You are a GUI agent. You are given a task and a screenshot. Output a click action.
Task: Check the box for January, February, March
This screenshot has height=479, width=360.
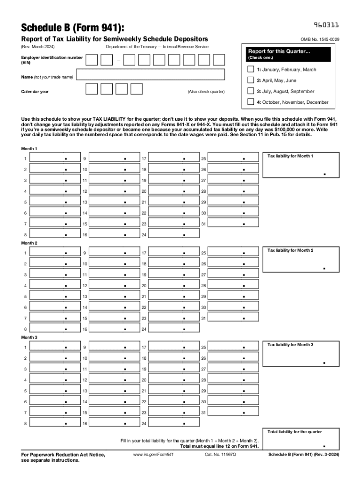pyautogui.click(x=251, y=69)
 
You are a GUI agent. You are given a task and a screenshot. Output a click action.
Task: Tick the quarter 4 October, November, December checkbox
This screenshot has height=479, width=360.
pyautogui.click(x=251, y=102)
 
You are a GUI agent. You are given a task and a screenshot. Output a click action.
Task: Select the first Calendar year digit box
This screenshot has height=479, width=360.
pyautogui.click(x=92, y=89)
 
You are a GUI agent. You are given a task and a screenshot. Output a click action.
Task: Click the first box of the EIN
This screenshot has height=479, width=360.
pyautogui.click(x=92, y=60)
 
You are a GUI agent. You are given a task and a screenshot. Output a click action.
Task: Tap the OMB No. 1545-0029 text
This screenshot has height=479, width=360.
pyautogui.click(x=320, y=39)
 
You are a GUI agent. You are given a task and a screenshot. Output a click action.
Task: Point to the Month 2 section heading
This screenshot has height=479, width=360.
pyautogui.click(x=29, y=243)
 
